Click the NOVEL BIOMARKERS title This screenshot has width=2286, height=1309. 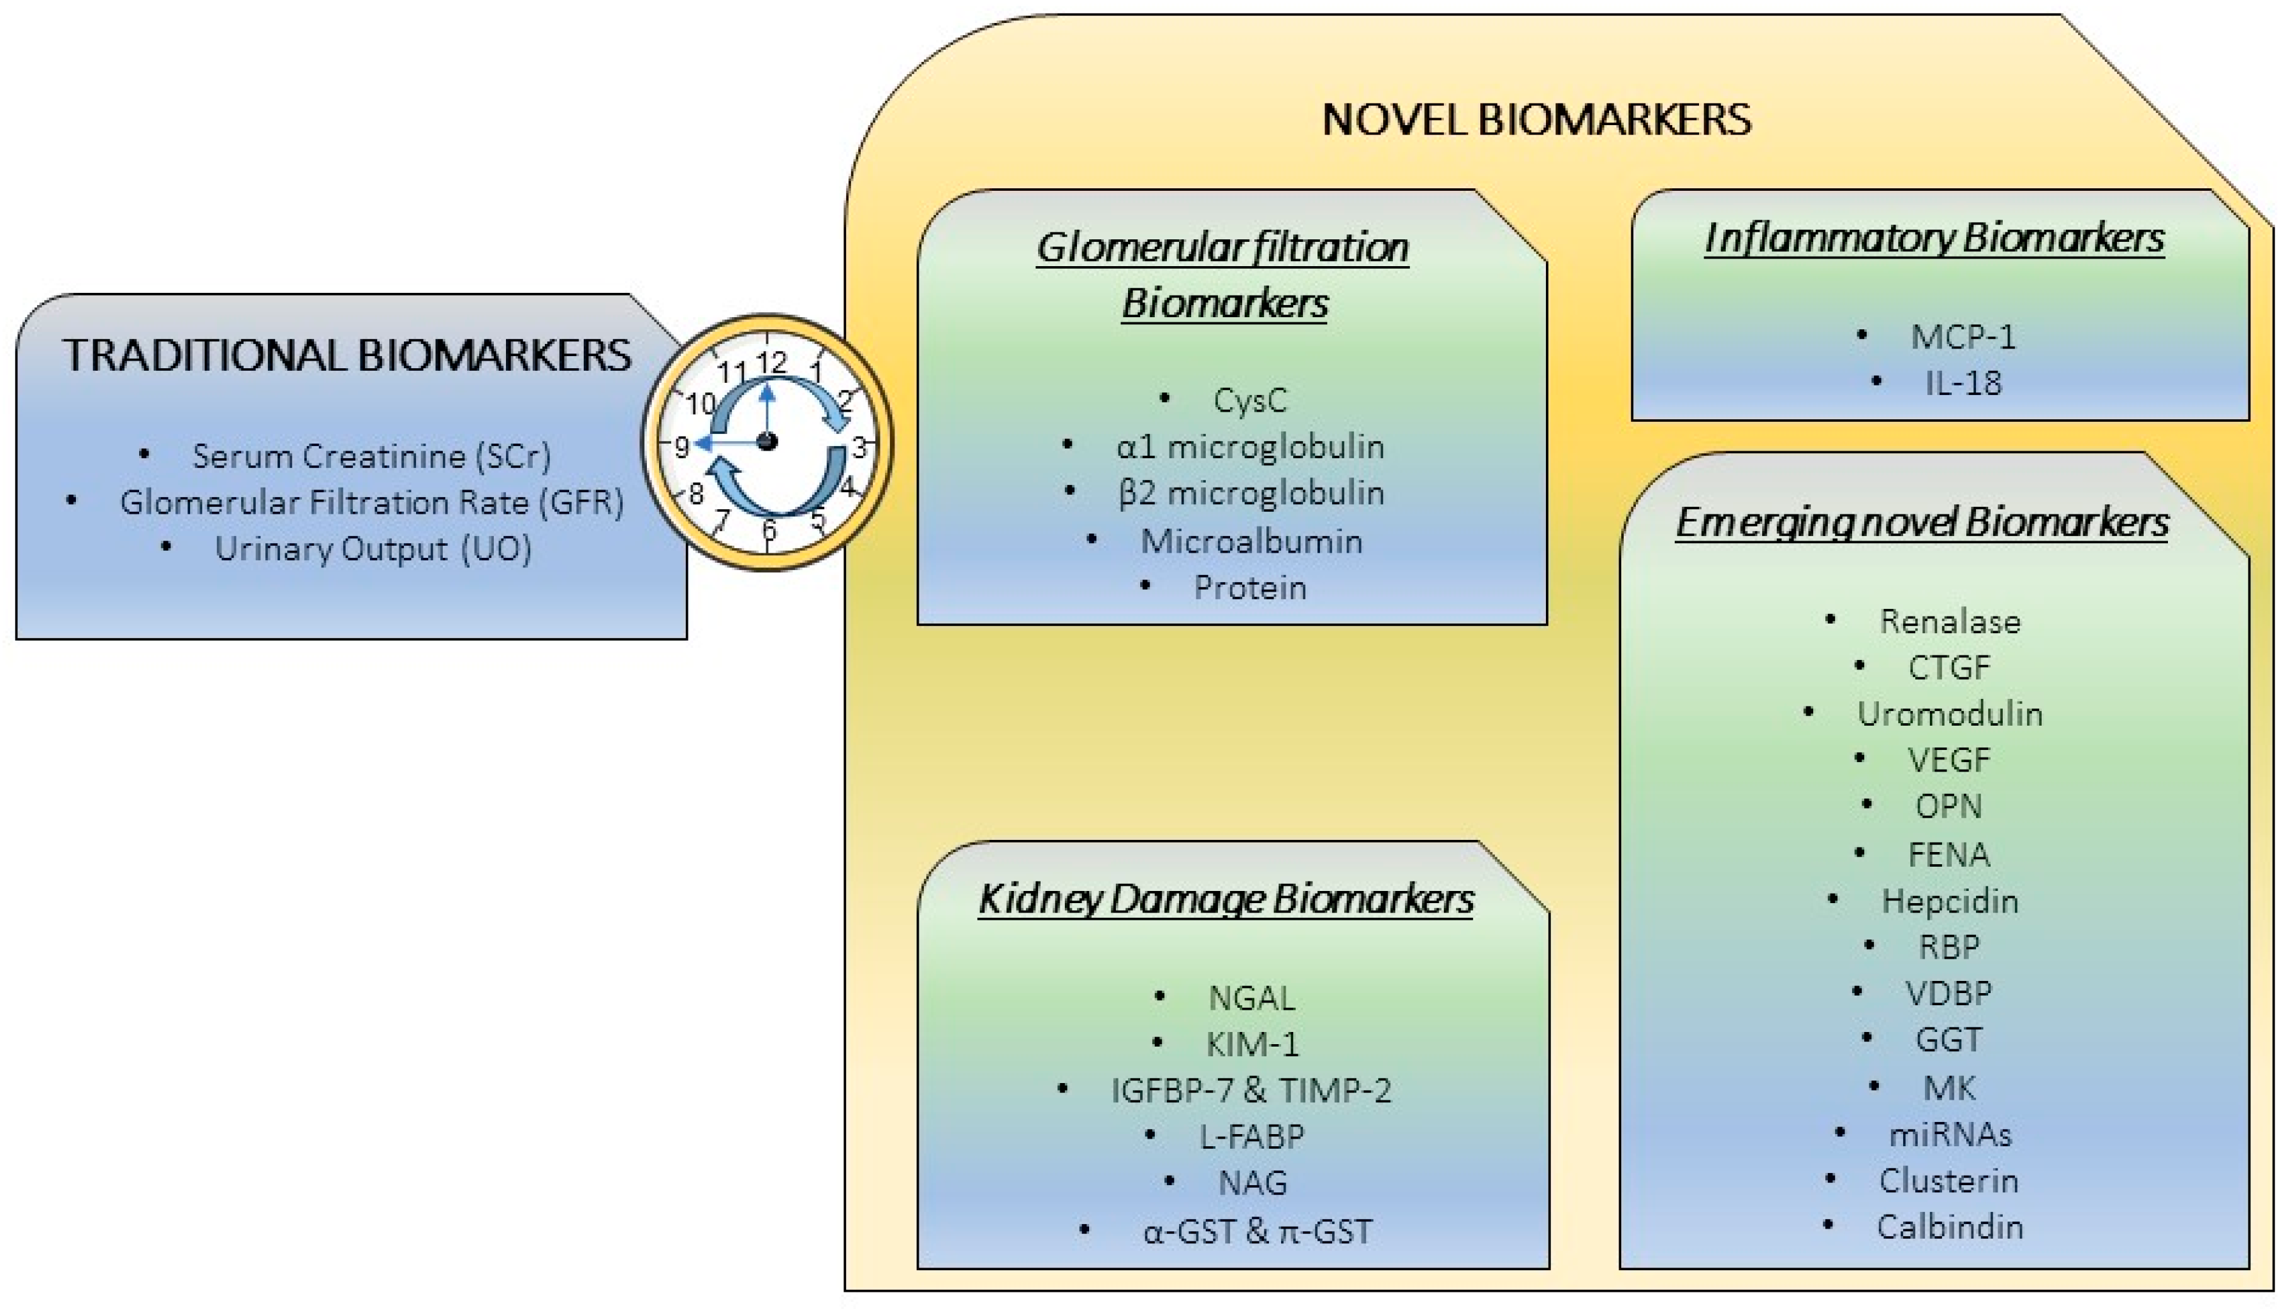pos(1536,119)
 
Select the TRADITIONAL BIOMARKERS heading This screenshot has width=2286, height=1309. pos(347,355)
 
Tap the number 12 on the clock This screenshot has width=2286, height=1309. pos(771,363)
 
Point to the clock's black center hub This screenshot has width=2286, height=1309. pos(766,440)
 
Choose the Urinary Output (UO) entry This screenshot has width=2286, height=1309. pos(373,548)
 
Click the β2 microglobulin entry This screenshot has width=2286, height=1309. pos(1250,493)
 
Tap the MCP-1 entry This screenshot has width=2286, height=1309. pos(1963,337)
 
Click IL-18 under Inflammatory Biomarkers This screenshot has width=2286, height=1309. pos(1963,384)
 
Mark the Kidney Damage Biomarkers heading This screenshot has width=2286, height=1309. pos(1226,899)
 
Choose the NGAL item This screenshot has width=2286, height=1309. pos(1251,998)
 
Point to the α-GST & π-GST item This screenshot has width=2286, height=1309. pos(1257,1230)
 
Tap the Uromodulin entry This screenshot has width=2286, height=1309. pos(1949,714)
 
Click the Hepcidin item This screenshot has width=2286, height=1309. pos(1949,901)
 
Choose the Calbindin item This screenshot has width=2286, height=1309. pos(1949,1227)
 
